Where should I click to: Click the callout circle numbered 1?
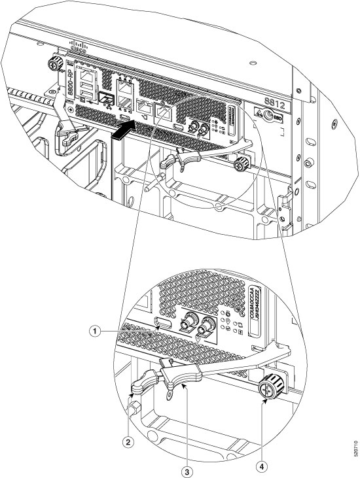[96, 331]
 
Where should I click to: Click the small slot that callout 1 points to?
[165, 324]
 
